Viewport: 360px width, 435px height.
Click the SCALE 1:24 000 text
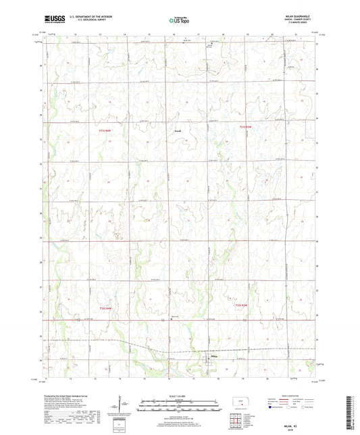click(180, 395)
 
